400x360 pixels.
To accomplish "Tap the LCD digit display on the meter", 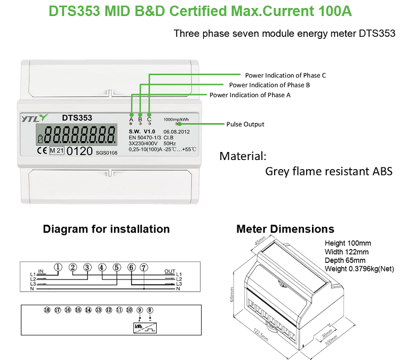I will point(80,134).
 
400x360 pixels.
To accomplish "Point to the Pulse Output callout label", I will point(245,124).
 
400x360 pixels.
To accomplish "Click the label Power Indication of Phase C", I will point(285,75).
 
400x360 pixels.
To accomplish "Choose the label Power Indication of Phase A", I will point(250,95).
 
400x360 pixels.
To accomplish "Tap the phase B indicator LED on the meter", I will point(140,114).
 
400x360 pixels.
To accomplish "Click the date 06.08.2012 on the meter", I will point(177,131).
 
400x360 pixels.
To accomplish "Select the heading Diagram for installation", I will point(106,229).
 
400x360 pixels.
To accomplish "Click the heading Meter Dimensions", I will point(285,229).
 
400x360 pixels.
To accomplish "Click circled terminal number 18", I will point(47,310).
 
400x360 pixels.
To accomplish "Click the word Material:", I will point(243,157).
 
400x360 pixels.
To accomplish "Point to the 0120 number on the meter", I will point(79,151).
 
